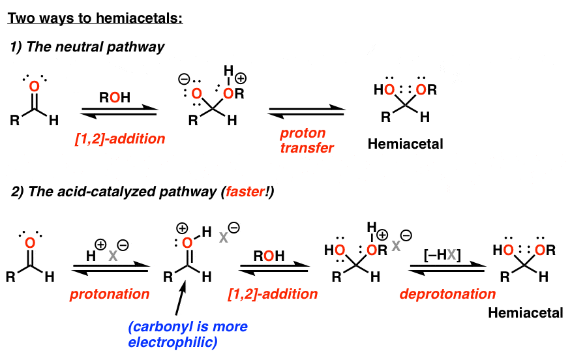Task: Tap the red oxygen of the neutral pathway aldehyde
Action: point(35,86)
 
